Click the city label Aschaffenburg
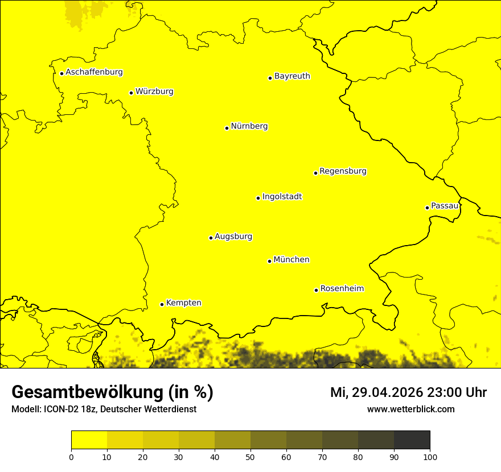coord(94,72)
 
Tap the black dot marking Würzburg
coord(131,93)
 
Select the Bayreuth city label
coord(292,76)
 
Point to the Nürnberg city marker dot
coord(227,128)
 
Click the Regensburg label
coord(343,171)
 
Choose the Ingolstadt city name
coord(282,197)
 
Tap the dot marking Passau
coord(427,208)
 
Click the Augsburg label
coord(233,237)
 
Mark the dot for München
coord(269,261)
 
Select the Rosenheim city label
coord(342,289)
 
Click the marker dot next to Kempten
coord(162,304)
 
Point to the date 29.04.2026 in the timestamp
coord(388,392)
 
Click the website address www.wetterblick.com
coord(410,409)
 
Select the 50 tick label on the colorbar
coord(250,457)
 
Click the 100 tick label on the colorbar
coord(430,457)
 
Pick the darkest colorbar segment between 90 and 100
coord(412,440)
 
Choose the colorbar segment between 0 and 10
coord(89,440)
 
